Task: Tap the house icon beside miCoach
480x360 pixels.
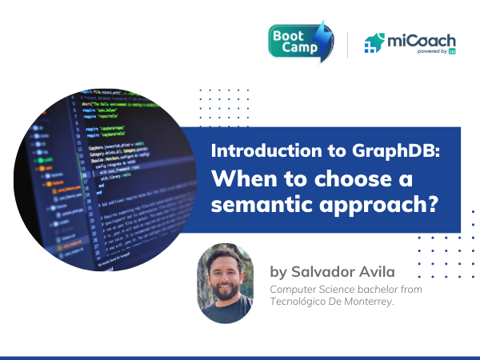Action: [374, 43]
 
